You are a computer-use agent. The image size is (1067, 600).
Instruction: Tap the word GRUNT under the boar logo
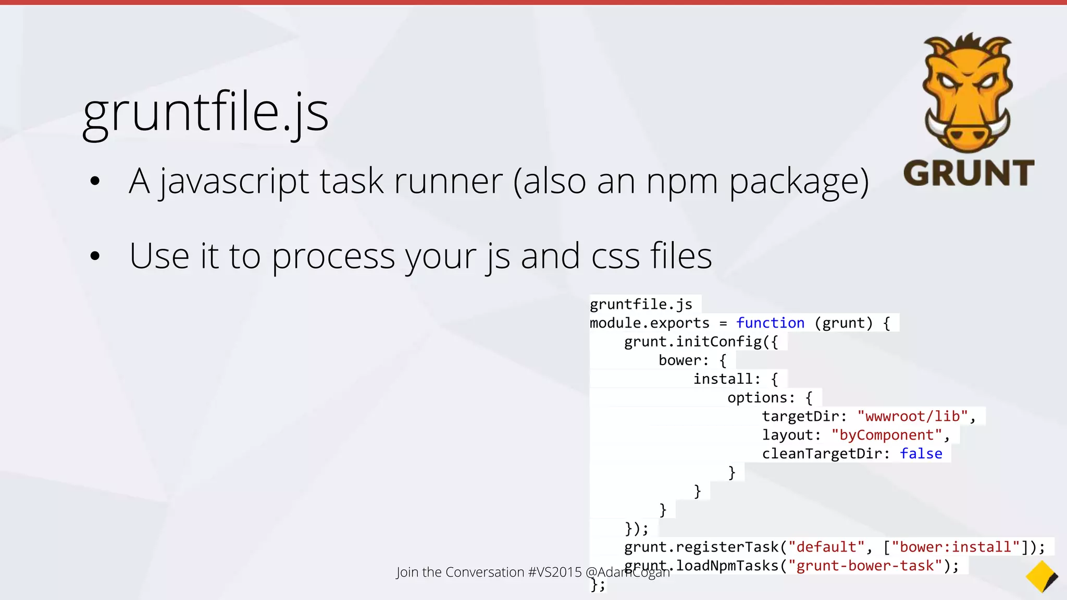coord(969,173)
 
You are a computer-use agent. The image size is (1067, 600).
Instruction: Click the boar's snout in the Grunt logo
coord(967,136)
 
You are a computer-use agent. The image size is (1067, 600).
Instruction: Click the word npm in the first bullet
coord(682,182)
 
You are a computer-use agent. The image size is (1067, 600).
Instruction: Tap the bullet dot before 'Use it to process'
coord(95,256)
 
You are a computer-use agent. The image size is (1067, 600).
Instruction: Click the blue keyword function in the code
coord(770,323)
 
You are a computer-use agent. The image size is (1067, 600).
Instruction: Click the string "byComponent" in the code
coord(887,435)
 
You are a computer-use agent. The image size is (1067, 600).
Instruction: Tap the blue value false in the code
coord(921,454)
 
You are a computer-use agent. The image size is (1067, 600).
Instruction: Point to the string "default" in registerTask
coord(823,547)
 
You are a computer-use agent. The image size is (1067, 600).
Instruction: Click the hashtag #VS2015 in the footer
coord(554,572)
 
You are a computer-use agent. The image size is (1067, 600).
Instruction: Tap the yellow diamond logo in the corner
coord(1041,577)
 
